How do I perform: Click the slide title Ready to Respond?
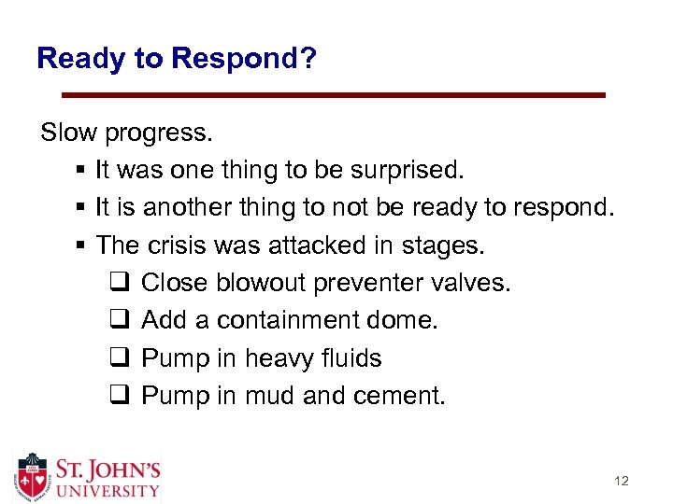click(x=177, y=59)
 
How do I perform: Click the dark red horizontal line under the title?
click(x=333, y=95)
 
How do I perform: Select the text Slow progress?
click(x=126, y=133)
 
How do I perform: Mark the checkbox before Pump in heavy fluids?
click(x=120, y=358)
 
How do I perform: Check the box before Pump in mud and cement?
click(x=120, y=396)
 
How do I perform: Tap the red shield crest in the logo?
click(x=33, y=476)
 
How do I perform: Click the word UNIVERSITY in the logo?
click(x=107, y=490)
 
